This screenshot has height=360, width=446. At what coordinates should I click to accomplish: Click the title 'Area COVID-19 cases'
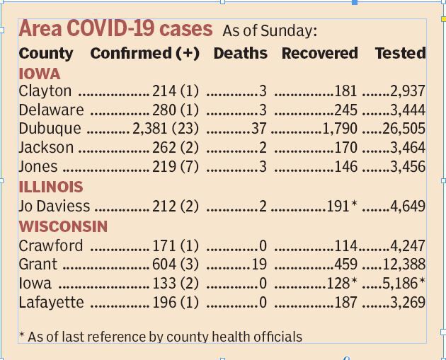[x=115, y=29]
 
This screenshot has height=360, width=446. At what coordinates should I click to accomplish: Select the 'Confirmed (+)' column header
[x=144, y=54]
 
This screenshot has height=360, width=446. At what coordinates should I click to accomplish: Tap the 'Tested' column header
[x=400, y=54]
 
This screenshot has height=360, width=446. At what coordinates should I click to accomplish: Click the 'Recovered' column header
[x=319, y=54]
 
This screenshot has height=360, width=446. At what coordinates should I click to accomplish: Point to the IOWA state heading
[x=39, y=74]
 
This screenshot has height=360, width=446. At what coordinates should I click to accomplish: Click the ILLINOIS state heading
[x=50, y=187]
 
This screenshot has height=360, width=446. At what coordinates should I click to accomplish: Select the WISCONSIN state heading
[x=63, y=227]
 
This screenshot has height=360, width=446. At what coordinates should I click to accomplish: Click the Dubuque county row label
[x=50, y=129]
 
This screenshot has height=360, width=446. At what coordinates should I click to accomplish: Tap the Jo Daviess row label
[x=55, y=207]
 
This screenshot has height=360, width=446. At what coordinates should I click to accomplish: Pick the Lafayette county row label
[x=51, y=303]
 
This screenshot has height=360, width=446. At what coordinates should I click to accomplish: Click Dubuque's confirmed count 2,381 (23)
[x=166, y=129]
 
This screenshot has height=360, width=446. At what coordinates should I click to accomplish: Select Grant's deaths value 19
[x=258, y=265]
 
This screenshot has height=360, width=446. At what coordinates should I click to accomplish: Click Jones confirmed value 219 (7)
[x=176, y=168]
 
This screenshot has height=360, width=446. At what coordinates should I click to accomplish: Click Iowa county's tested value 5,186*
[x=408, y=284]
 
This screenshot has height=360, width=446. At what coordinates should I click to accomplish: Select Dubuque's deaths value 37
[x=258, y=129]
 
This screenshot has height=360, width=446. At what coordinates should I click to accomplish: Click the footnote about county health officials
[x=160, y=337]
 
